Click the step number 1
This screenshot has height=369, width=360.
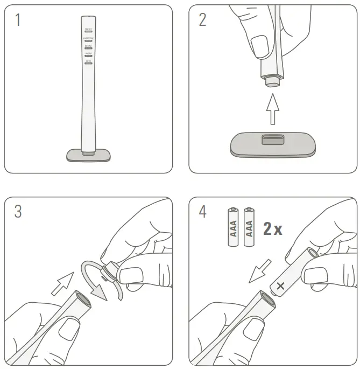[x=18, y=20]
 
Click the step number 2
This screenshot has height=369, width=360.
[x=202, y=20]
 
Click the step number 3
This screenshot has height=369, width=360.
[x=18, y=212]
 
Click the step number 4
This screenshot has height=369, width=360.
[x=202, y=212]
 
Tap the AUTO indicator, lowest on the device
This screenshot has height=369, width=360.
[x=88, y=62]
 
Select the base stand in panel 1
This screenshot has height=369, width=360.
[x=88, y=155]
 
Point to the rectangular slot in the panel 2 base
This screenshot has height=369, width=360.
[x=273, y=140]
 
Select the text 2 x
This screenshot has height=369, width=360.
[x=273, y=229]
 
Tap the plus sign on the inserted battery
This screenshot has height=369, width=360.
[x=280, y=286]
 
